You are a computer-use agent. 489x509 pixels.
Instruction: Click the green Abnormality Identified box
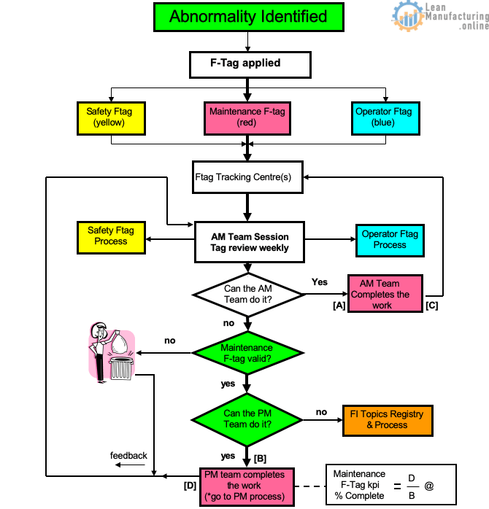point(249,18)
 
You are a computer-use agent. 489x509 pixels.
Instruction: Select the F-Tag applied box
point(250,65)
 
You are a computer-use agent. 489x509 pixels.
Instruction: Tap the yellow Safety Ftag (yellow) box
point(111,118)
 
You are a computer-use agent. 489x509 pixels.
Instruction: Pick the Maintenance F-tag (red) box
point(247,118)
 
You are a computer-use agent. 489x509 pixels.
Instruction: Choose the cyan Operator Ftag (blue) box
point(385,118)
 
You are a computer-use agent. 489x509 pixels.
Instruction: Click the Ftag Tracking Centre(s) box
point(247,177)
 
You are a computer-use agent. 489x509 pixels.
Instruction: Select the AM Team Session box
point(250,242)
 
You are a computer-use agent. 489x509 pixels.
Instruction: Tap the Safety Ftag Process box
point(111,238)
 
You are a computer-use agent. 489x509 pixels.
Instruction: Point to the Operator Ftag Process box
point(390,240)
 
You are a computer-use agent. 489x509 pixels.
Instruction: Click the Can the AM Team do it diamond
point(248,295)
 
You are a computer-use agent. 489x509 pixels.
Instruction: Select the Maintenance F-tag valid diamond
point(247,353)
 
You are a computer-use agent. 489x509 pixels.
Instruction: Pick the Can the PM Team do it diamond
point(247,420)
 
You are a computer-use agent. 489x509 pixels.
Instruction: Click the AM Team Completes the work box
point(385,293)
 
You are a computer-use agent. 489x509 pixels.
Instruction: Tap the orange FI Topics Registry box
point(388,420)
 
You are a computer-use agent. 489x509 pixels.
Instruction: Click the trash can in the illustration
point(121,368)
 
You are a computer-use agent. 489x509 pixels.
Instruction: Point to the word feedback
point(128,456)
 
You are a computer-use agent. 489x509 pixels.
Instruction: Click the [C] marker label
point(432,306)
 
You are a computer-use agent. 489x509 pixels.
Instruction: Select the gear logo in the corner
point(407,15)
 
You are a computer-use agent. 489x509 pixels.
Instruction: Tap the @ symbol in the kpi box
point(429,486)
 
